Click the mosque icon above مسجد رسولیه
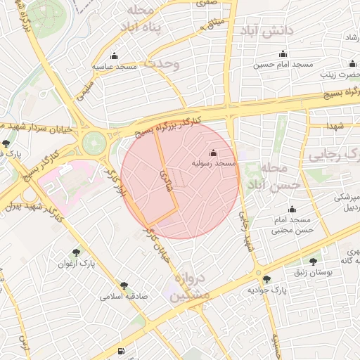click(214, 153)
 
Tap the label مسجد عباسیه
click(115, 67)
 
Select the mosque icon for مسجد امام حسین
click(283, 54)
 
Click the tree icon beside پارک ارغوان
click(76, 251)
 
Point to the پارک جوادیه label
click(268, 290)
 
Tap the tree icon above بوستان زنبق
click(313, 262)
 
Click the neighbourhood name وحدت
click(162, 63)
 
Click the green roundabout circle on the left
click(93, 143)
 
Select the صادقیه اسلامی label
click(124, 297)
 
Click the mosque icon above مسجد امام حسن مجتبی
click(292, 210)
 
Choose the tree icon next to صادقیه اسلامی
click(124, 285)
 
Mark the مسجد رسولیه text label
click(214, 163)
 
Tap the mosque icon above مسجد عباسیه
click(115, 56)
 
